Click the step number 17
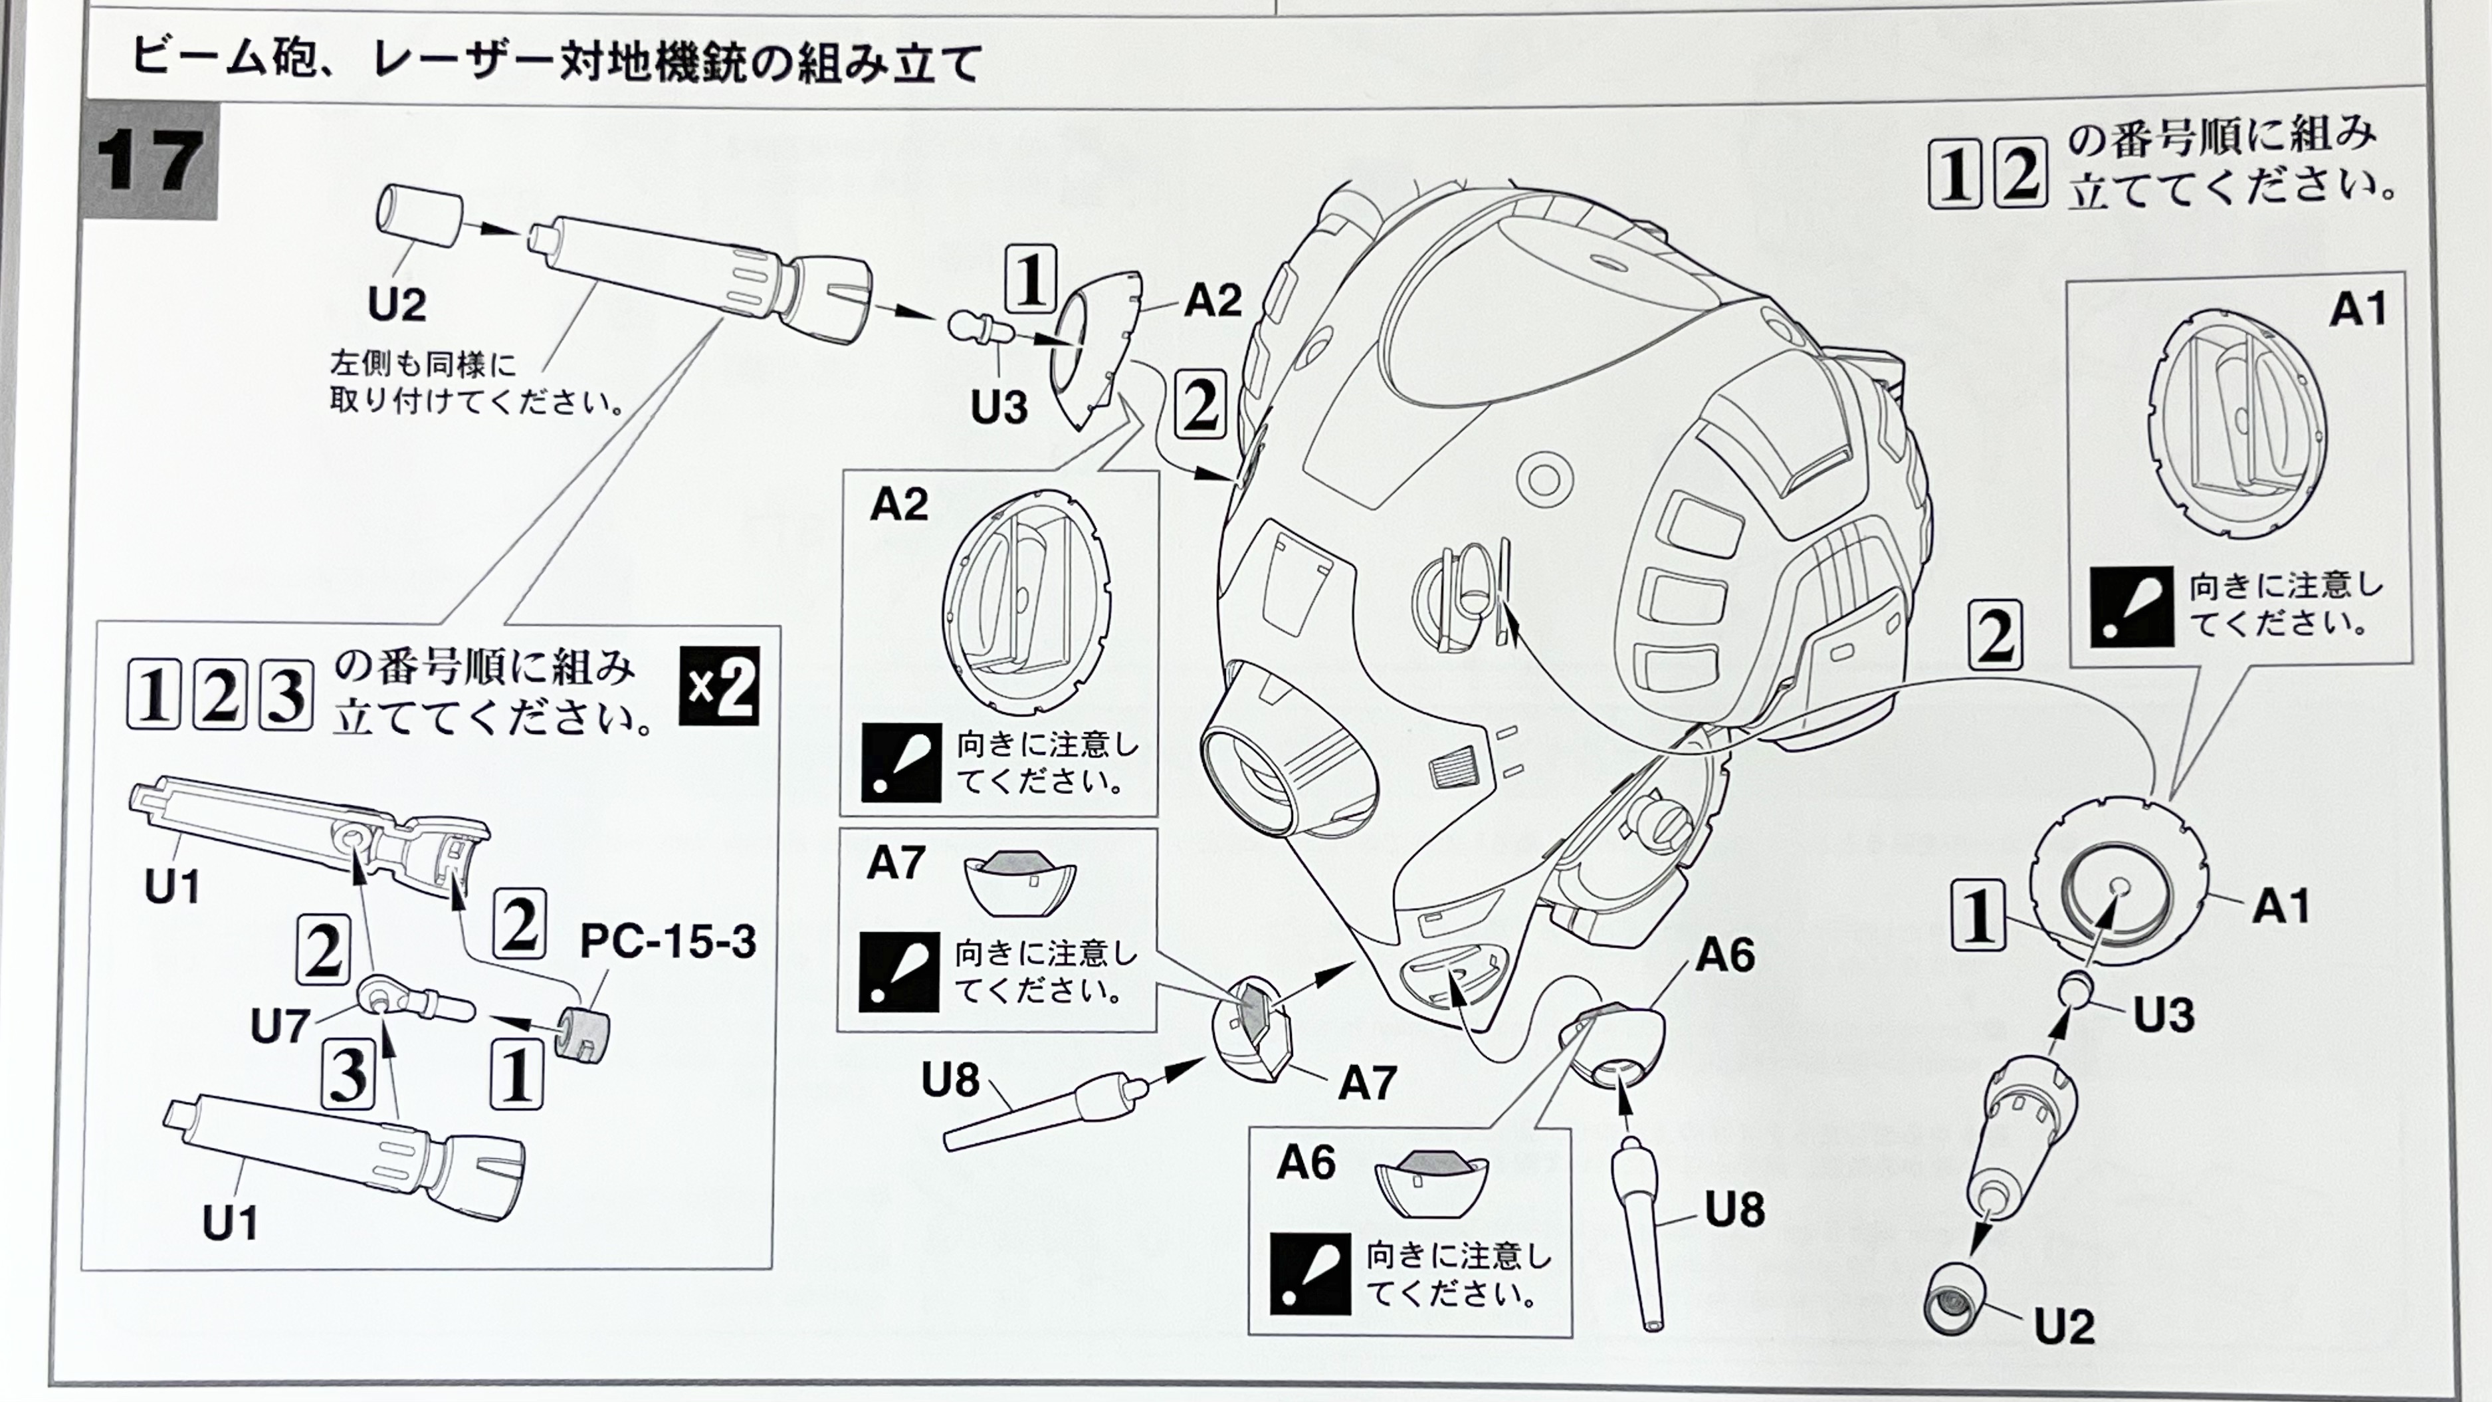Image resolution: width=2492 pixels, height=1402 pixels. click(150, 161)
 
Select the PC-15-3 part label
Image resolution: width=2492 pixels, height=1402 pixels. click(667, 941)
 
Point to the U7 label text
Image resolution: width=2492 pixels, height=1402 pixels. click(280, 1026)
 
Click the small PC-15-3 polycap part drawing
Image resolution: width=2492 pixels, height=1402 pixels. click(584, 1033)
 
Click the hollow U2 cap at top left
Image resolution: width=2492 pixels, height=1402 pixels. click(419, 217)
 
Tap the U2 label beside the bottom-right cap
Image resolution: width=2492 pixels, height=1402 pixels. click(2065, 1326)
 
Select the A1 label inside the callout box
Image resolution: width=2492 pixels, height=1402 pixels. click(2358, 310)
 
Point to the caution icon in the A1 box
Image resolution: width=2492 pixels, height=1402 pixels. click(2131, 607)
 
